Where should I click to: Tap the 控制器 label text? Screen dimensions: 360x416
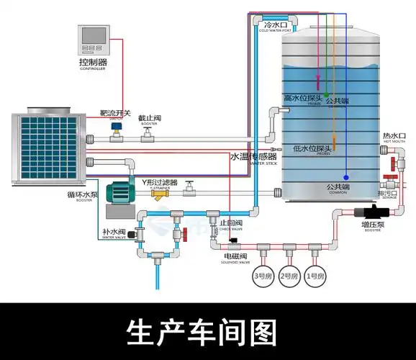(x=94, y=63)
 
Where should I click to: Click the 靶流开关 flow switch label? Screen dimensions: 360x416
(x=115, y=114)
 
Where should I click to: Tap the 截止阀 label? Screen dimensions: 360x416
(x=150, y=117)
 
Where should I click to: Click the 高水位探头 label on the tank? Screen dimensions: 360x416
(x=303, y=99)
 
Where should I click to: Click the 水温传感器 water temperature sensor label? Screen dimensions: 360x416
(x=253, y=156)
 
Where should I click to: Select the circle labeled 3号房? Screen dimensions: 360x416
(x=261, y=276)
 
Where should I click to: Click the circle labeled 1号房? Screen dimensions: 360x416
(x=315, y=276)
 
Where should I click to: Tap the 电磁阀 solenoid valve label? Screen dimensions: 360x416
(x=235, y=256)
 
